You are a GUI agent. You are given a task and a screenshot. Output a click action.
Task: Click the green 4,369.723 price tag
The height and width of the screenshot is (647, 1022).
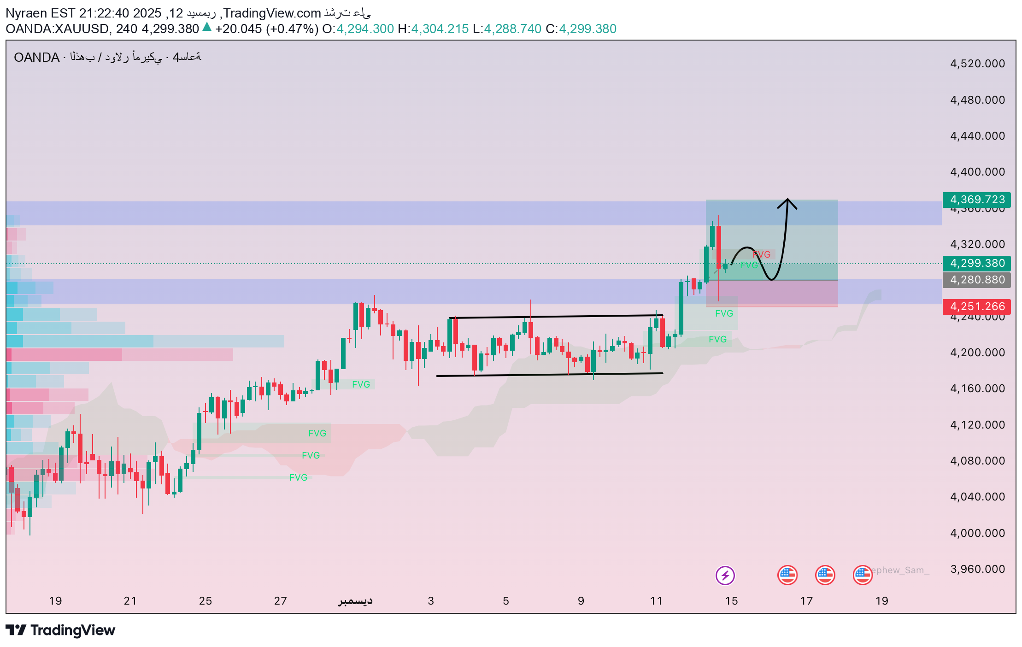coord(976,200)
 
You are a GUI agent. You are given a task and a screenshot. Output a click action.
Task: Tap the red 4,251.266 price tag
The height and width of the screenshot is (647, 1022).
coord(976,306)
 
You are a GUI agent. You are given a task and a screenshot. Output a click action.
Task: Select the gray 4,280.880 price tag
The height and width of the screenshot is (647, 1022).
coord(976,280)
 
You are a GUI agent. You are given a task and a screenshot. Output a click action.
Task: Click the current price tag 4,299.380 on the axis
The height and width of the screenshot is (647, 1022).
coord(976,263)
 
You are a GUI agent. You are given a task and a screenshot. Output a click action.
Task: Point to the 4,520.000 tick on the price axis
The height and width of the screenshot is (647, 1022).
coord(977,64)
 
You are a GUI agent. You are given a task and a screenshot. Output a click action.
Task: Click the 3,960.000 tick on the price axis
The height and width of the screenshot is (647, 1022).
coord(977,569)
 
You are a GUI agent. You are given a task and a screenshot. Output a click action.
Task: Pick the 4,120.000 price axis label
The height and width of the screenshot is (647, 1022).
coord(977,424)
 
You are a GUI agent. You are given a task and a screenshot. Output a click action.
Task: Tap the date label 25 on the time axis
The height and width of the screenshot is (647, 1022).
coord(205,601)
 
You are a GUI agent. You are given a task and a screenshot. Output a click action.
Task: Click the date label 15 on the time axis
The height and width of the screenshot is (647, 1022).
coord(731,601)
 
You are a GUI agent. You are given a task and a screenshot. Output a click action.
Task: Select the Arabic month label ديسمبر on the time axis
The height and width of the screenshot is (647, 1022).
coord(355,601)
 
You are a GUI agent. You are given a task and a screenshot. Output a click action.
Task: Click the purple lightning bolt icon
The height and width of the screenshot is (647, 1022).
coord(725,575)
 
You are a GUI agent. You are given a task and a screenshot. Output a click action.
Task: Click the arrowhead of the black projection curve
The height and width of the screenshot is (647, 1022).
coord(788,201)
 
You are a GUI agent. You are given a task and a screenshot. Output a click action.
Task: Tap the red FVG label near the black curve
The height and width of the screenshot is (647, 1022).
coord(762,254)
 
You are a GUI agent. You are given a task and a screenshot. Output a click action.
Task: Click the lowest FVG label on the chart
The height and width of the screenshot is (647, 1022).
coord(298,477)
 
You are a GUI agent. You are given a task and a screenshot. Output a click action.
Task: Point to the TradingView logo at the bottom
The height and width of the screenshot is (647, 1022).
coord(60,630)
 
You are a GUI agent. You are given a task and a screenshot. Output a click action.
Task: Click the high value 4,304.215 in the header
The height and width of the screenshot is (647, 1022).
coord(440,29)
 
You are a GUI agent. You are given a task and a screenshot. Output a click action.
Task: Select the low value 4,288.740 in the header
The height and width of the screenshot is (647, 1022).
coord(512,29)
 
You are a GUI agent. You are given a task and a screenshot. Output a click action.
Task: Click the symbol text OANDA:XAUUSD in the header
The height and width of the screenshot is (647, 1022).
coord(57,29)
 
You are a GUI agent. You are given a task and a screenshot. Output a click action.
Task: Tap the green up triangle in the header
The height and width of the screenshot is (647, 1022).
coord(207,27)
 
